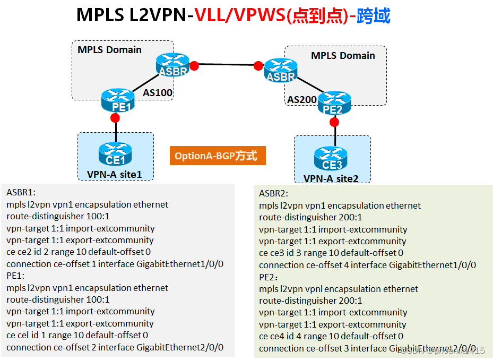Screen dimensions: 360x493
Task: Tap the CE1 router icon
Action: [115, 153]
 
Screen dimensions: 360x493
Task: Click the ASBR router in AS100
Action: [173, 64]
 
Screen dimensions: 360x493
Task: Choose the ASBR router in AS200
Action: [281, 70]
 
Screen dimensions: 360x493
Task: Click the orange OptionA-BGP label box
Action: [217, 156]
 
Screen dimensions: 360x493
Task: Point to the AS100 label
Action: [158, 93]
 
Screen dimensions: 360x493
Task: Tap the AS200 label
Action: [302, 99]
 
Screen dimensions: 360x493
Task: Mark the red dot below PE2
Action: [334, 123]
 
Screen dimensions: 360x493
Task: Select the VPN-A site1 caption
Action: [114, 174]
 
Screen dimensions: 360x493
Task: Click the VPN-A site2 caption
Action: [331, 178]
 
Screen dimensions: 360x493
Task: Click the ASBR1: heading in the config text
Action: [21, 192]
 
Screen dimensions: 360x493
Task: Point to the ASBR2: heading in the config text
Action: [274, 193]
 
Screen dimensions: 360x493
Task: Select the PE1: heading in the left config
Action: [15, 276]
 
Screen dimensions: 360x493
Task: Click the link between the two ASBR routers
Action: [227, 65]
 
